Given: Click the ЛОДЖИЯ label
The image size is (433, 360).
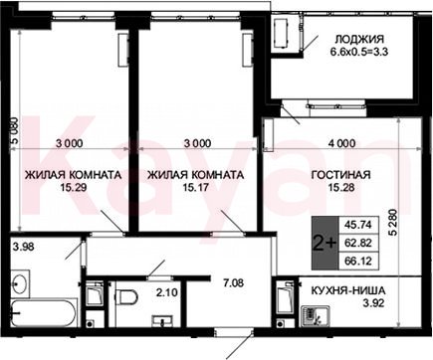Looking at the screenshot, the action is coord(359,40).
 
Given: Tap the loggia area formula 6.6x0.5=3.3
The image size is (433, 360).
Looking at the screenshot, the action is coord(359,52).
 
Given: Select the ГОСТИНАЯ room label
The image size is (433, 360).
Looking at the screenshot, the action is coord(341,175).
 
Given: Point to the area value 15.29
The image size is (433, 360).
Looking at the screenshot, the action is coord(74,188).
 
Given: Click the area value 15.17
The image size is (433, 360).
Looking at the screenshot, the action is coord(195,188).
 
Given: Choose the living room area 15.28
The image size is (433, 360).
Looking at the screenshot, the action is coord(341,188).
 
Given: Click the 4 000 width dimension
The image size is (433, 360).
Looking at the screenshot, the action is coord(341,143).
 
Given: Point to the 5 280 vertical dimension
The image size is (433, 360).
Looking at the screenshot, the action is coord(393,222).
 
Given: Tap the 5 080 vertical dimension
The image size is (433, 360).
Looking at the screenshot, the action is coord(15,131).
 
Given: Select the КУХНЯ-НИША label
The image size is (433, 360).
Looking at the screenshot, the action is coord(348,290).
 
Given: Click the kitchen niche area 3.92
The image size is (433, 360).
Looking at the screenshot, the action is coord(373,303).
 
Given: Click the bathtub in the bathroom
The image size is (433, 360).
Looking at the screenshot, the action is coord(44,313).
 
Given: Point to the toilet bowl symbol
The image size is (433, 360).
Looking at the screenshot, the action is coord(125,296).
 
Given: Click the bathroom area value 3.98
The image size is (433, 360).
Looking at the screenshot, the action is coord(23,247).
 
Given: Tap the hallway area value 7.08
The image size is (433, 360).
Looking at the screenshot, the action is coord(233,283).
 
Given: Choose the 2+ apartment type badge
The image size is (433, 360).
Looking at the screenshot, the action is coord(325,244).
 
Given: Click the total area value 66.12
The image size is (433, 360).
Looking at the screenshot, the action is coord(357,261).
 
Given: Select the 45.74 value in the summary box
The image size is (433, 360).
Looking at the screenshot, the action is coord(357,225).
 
